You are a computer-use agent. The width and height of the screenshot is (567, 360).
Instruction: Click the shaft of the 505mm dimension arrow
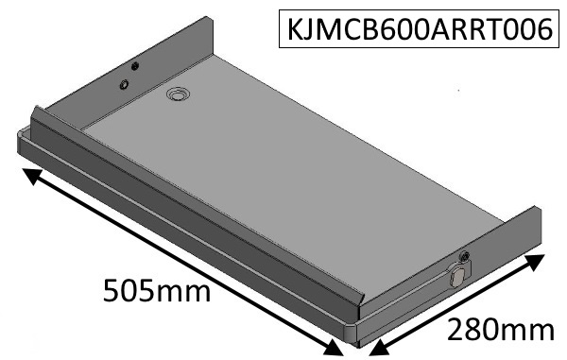coord(180,262)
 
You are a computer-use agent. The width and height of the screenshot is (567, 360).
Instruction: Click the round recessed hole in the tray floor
coord(177,94)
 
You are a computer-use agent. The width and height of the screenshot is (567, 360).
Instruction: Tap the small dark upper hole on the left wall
coord(134,66)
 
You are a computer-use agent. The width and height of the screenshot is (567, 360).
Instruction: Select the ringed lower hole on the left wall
coord(123,85)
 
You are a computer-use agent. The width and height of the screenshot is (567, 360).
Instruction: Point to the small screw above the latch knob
coord(463,257)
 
